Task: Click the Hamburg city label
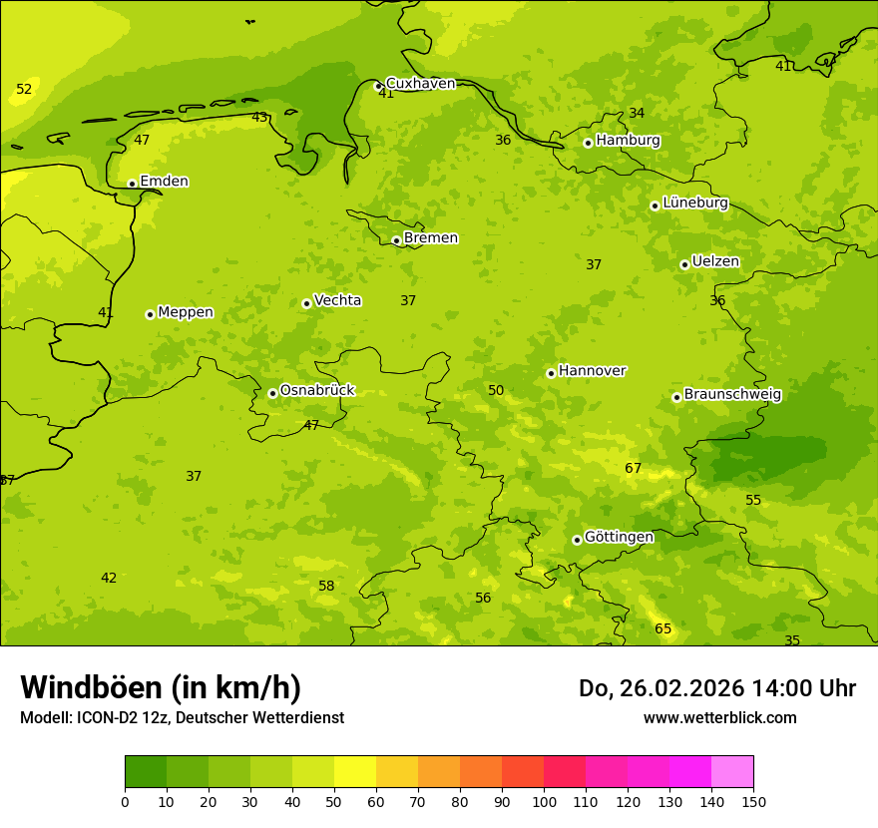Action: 628,141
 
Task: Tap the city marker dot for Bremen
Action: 396,240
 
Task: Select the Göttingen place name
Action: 619,538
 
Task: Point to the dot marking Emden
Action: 132,184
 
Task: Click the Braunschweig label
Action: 732,395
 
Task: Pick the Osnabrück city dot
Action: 272,393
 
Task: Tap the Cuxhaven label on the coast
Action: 420,84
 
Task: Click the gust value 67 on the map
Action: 633,469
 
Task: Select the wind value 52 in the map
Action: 24,90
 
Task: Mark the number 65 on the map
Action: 662,628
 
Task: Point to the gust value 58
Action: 326,586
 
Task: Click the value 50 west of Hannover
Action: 496,390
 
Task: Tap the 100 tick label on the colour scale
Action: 544,801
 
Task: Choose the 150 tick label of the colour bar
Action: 753,801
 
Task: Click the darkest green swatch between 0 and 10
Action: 146,771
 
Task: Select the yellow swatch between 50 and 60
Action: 355,771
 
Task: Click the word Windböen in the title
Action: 91,687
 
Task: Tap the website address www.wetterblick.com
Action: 719,717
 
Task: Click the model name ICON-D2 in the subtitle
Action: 109,717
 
